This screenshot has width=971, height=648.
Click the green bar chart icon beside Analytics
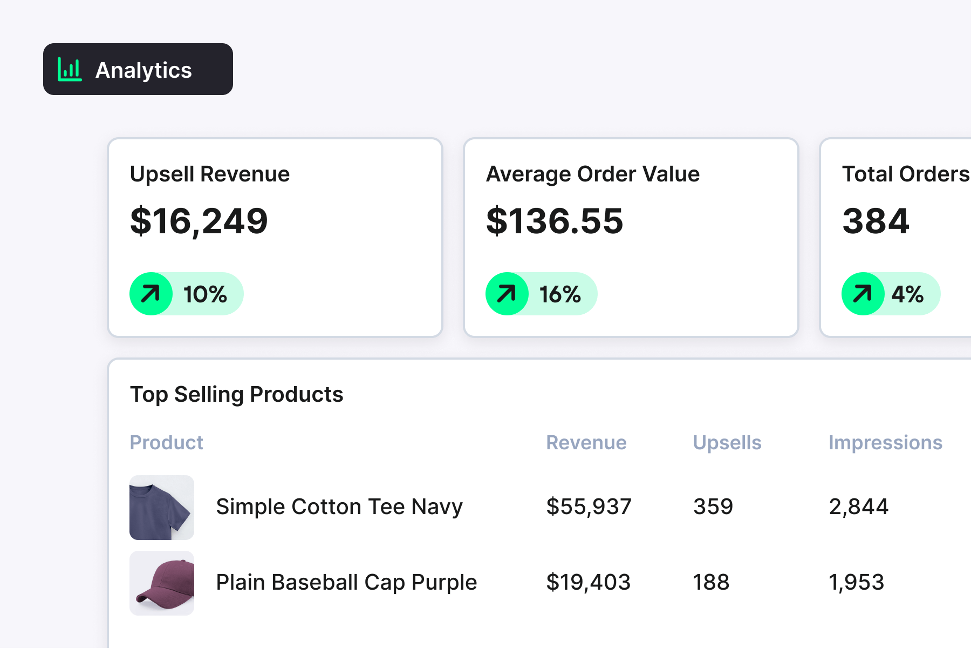pos(70,70)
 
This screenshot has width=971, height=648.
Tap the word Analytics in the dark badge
pos(143,70)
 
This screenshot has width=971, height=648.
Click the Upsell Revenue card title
pos(210,174)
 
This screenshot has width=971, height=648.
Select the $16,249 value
pos(199,221)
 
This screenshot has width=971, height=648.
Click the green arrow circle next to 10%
pos(151,294)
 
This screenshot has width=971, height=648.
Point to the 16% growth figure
pos(560,294)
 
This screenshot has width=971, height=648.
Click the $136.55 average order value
pos(555,221)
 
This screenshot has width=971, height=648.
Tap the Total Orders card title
pos(906,174)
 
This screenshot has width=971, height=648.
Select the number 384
pos(876,221)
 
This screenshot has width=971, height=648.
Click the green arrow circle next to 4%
pos(863,294)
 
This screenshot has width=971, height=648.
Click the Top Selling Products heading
pos(237,394)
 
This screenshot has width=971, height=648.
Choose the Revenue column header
pos(586,442)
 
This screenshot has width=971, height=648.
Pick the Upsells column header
pos(727,442)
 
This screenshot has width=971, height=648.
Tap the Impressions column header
pos(885,442)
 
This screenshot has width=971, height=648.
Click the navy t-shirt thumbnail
pos(162,508)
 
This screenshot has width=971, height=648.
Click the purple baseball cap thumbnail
pos(162,583)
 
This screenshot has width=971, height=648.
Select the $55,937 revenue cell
pos(589,507)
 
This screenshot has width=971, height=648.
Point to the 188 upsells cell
pos(711,582)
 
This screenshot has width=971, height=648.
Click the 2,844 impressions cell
pos(858,507)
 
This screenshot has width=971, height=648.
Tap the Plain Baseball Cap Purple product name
pos(346,582)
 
